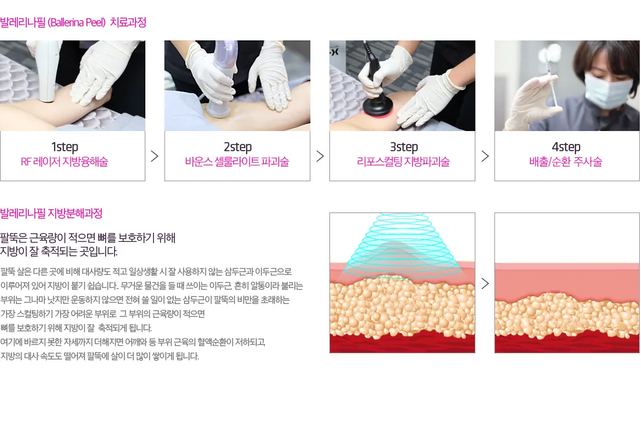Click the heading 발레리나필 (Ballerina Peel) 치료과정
(x=73, y=22)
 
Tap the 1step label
(x=64, y=146)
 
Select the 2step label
(x=237, y=146)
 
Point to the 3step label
(x=404, y=146)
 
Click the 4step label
(x=566, y=146)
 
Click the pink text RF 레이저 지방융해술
(x=64, y=162)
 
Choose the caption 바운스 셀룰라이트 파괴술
(x=237, y=162)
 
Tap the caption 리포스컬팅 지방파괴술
(x=403, y=162)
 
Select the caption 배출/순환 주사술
(x=566, y=162)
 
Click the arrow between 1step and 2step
(x=155, y=156)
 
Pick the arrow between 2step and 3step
(x=320, y=156)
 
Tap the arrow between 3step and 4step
(x=485, y=156)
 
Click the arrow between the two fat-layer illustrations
(x=485, y=284)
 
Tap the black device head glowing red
(x=378, y=106)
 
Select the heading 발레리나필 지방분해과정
(x=51, y=213)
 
